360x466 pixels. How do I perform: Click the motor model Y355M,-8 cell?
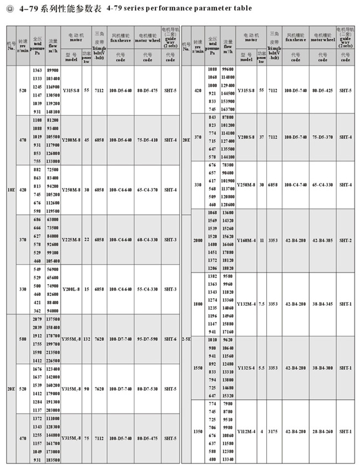tap(71, 339)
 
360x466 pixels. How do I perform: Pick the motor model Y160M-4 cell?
tap(246, 240)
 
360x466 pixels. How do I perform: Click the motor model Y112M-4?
tap(246, 431)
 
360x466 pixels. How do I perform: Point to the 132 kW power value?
tap(86, 339)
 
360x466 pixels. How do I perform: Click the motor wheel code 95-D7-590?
tap(147, 339)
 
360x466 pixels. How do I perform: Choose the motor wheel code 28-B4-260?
tap(322, 431)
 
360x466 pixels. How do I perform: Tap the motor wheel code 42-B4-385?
tap(322, 240)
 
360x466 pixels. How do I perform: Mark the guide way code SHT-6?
tap(170, 339)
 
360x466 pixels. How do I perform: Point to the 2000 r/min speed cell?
tap(198, 240)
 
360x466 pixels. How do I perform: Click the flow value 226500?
tap(53, 360)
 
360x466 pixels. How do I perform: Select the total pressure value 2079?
tap(37, 320)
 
